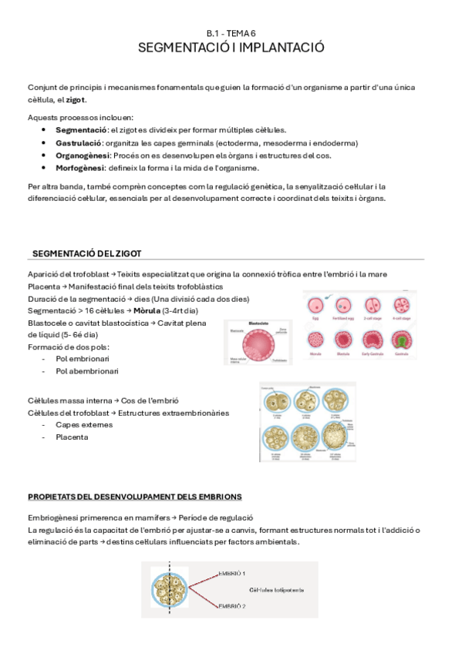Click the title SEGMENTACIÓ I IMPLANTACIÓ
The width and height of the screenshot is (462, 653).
(231, 48)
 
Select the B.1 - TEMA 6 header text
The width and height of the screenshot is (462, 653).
(231, 33)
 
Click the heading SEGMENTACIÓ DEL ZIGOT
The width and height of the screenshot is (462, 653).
(86, 254)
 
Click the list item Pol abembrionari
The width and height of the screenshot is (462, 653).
(83, 371)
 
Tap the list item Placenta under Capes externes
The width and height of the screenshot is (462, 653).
(72, 437)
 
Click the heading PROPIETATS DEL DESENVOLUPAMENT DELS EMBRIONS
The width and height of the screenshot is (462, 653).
(134, 496)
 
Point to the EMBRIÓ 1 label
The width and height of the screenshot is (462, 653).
(232, 574)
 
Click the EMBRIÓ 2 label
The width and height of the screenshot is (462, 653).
(232, 607)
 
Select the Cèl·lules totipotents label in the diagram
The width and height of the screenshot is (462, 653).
(275, 591)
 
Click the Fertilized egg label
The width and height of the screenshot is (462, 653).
(343, 318)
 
